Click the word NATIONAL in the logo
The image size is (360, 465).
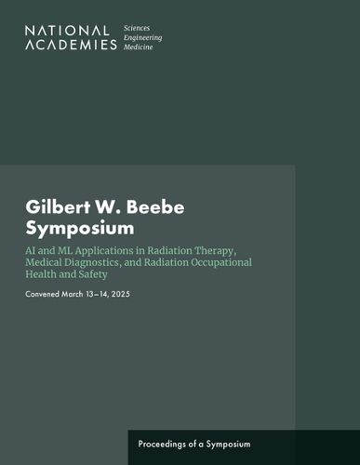click(x=67, y=31)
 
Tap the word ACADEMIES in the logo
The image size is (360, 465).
click(x=71, y=45)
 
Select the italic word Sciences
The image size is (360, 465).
click(x=137, y=28)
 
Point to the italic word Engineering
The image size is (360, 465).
click(x=142, y=38)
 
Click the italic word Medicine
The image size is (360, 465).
click(x=139, y=47)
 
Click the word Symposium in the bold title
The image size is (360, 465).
click(x=80, y=229)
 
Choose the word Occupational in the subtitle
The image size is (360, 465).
click(x=221, y=263)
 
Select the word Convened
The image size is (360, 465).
click(x=43, y=294)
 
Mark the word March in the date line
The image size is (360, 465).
click(x=73, y=294)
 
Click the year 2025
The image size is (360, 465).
click(x=121, y=294)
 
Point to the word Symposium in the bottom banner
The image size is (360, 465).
click(x=228, y=445)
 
